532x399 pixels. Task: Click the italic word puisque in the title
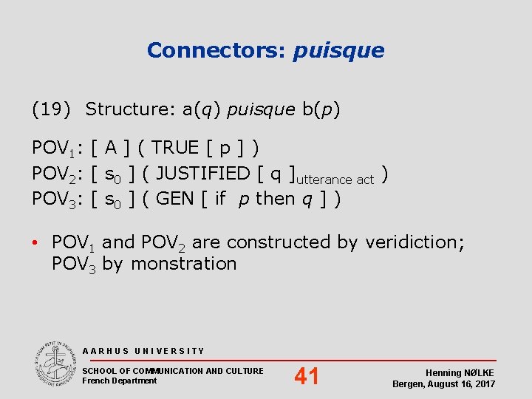click(x=339, y=51)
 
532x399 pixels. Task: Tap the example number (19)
click(x=51, y=110)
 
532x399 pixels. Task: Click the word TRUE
click(x=174, y=148)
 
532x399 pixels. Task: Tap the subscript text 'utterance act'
click(x=335, y=180)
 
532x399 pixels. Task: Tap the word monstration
click(x=183, y=264)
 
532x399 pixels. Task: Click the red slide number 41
click(x=307, y=377)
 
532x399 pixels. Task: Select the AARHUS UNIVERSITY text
click(x=144, y=351)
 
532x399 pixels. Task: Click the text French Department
click(x=120, y=381)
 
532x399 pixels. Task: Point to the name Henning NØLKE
click(x=460, y=373)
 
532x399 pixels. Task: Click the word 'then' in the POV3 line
click(x=275, y=199)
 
